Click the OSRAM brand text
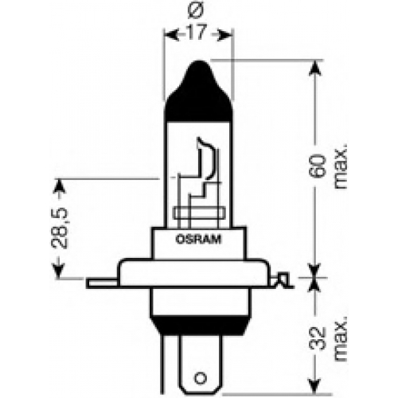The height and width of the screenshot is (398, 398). (x=198, y=240)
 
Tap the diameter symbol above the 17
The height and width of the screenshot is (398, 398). (x=197, y=11)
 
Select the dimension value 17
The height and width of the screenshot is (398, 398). (x=197, y=32)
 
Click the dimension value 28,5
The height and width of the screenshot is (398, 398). (x=60, y=228)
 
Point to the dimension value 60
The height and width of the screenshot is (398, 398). (x=317, y=166)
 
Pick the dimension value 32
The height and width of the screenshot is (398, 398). (x=317, y=338)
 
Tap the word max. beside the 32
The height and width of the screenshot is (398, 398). (x=340, y=338)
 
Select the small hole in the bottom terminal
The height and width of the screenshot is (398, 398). (x=201, y=377)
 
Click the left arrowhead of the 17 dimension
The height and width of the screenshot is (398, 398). (x=171, y=35)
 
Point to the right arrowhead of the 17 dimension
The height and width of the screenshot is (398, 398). (x=225, y=35)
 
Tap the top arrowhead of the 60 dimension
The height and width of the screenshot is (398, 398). (x=315, y=68)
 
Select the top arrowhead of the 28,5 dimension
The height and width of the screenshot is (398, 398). (x=59, y=187)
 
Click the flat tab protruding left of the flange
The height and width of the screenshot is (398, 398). (x=101, y=283)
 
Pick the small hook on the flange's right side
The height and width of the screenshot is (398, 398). (x=282, y=280)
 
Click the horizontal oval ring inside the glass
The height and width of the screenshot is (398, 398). (x=199, y=213)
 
